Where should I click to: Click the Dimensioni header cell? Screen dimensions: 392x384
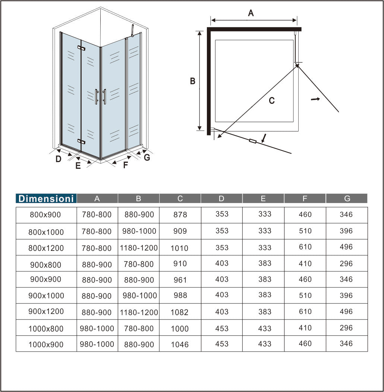pyautogui.click(x=46, y=199)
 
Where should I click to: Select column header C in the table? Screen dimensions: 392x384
pyautogui.click(x=180, y=199)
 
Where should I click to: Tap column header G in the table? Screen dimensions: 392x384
pyautogui.click(x=347, y=199)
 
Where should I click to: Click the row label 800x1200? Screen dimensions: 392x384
pyautogui.click(x=46, y=248)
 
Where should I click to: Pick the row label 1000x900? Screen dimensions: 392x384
pyautogui.click(x=46, y=345)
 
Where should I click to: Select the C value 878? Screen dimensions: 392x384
pyautogui.click(x=180, y=215)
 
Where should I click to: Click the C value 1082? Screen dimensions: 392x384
pyautogui.click(x=180, y=312)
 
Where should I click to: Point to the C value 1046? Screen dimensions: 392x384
pyautogui.click(x=180, y=345)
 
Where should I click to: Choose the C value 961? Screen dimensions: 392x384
pyautogui.click(x=180, y=280)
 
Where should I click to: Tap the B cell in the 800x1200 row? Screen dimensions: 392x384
pyautogui.click(x=139, y=248)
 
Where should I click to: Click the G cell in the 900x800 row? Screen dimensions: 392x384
pyautogui.click(x=346, y=264)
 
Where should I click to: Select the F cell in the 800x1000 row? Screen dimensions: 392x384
pyautogui.click(x=305, y=231)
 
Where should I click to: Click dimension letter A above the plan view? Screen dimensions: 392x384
pyautogui.click(x=251, y=13)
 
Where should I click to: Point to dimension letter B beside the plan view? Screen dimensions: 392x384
pyautogui.click(x=193, y=81)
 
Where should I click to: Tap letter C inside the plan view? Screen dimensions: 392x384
pyautogui.click(x=272, y=100)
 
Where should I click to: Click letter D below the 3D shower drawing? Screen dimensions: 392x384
pyautogui.click(x=58, y=159)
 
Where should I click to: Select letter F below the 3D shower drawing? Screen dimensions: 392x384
pyautogui.click(x=126, y=165)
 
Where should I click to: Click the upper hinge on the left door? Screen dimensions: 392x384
pyautogui.click(x=81, y=48)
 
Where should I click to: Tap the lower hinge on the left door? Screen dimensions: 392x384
pyautogui.click(x=81, y=141)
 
